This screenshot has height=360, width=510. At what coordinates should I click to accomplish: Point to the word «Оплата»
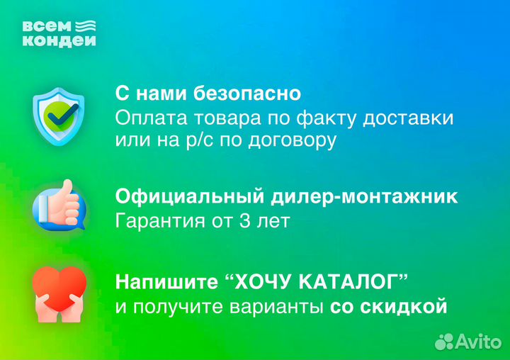point(146,117)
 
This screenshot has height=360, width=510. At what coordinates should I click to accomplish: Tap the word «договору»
point(291,140)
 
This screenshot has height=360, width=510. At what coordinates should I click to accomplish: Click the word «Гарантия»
point(157,220)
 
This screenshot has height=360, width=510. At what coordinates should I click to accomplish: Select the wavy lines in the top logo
point(85,28)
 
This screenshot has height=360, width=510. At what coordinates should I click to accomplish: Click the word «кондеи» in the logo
point(59,41)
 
